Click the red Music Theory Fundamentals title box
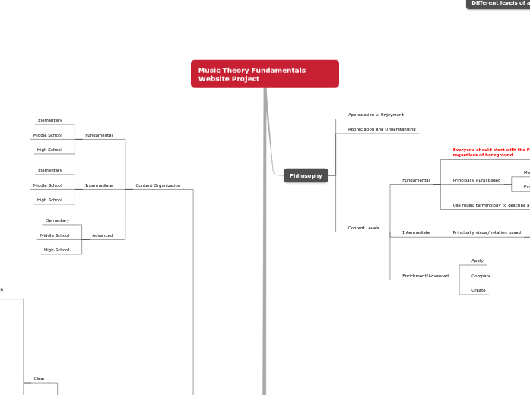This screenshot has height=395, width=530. (265, 74)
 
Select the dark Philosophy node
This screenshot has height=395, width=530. (305, 175)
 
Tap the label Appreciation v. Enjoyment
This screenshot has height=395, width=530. (376, 115)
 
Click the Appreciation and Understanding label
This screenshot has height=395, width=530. (382, 129)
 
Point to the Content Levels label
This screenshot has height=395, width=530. (363, 227)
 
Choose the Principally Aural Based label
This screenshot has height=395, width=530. (477, 180)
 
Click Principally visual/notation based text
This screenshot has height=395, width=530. (487, 232)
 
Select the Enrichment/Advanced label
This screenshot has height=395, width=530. (425, 276)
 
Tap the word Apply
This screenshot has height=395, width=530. (478, 261)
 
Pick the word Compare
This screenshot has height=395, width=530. (481, 276)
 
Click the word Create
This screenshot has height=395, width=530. (478, 290)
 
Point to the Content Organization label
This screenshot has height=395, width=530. (158, 185)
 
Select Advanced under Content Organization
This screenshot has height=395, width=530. (103, 235)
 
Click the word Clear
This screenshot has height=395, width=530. (40, 378)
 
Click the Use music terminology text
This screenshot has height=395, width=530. (490, 205)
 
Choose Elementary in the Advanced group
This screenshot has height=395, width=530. (57, 220)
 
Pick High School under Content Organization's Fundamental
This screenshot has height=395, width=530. (49, 150)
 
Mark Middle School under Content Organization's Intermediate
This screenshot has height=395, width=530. (48, 185)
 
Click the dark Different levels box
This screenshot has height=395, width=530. (499, 3)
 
